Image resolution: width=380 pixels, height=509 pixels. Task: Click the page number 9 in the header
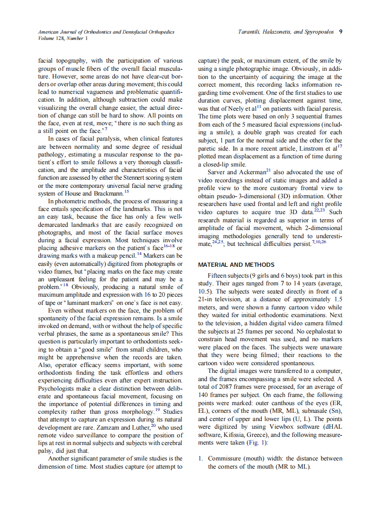click(x=341, y=32)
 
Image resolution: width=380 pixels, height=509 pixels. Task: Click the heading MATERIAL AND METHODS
click(x=236, y=265)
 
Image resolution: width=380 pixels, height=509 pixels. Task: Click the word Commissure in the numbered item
click(x=226, y=459)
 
